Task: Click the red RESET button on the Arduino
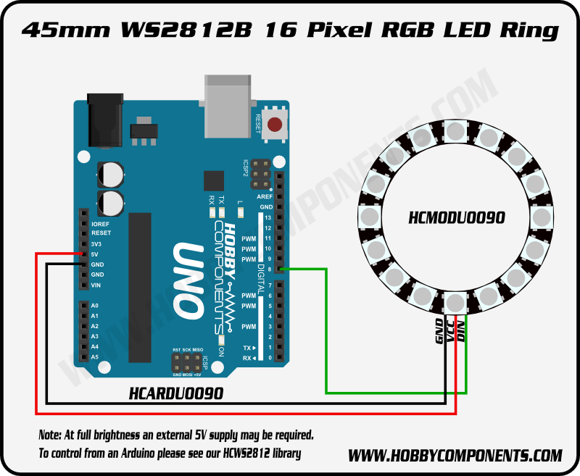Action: point(275,125)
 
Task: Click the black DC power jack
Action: point(103,119)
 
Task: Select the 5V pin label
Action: point(96,254)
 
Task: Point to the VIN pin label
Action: point(96,285)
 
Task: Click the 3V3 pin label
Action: point(97,244)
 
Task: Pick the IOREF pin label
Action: point(101,224)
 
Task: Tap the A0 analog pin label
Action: point(95,306)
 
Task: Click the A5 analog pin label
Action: point(95,357)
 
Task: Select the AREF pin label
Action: point(265,197)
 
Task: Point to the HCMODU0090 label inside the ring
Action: point(457,217)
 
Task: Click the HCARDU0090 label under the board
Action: point(175,393)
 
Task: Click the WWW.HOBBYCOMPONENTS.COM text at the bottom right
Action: point(455,456)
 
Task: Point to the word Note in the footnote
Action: point(50,435)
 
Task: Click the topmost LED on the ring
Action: point(455,132)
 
